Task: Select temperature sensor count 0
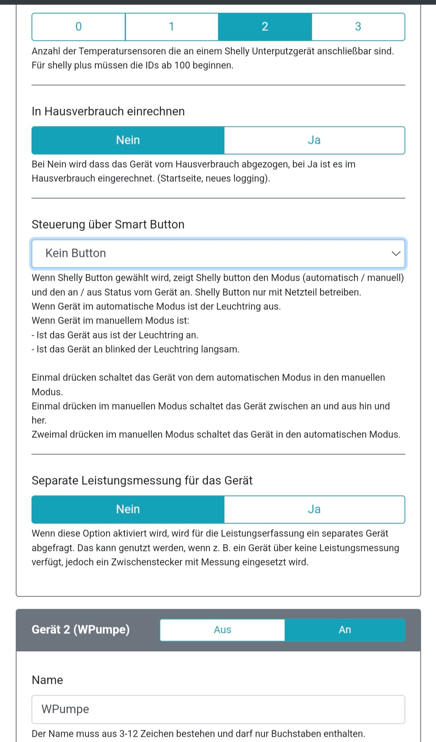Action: point(79,27)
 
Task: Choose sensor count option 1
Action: point(172,27)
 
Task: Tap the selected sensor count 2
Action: point(265,27)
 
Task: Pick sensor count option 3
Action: point(358,27)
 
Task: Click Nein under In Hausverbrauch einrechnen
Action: point(128,140)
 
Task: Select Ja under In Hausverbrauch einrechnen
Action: point(314,140)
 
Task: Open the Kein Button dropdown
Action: point(218,253)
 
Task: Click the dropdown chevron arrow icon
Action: point(396,254)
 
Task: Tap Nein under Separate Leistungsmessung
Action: point(128,509)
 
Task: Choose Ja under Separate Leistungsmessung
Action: point(314,509)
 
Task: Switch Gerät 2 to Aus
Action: point(222,630)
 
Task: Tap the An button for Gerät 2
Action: point(345,630)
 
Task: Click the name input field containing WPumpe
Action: point(218,709)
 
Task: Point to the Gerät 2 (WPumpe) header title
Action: point(81,630)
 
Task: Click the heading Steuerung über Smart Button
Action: point(108,225)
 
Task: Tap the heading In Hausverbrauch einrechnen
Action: point(108,111)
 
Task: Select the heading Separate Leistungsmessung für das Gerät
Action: point(142,481)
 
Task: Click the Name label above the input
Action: point(47,680)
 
